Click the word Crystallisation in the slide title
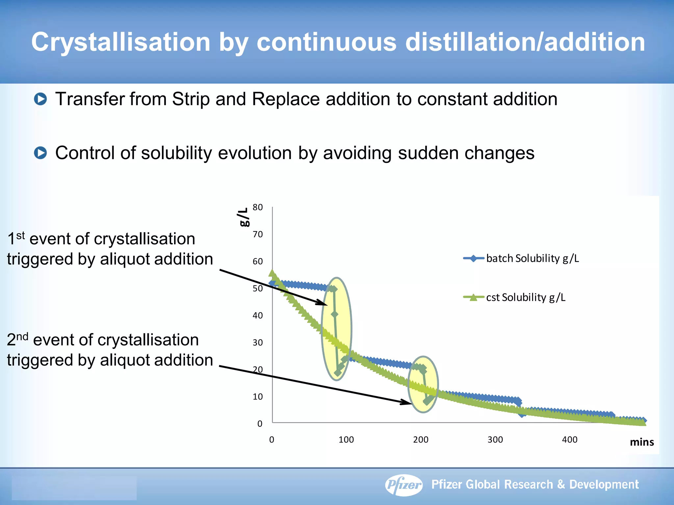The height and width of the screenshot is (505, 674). pyautogui.click(x=121, y=42)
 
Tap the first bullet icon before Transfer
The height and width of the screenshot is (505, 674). pyautogui.click(x=41, y=99)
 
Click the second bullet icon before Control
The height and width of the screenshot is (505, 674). pyautogui.click(x=41, y=153)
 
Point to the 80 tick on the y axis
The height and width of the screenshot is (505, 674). pyautogui.click(x=258, y=207)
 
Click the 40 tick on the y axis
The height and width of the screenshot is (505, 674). pyautogui.click(x=258, y=316)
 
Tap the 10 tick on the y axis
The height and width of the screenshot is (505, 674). pyautogui.click(x=258, y=397)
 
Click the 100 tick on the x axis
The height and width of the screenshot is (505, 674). pyautogui.click(x=346, y=440)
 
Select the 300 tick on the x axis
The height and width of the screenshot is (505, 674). pyautogui.click(x=495, y=440)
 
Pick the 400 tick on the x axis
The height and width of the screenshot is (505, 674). pyautogui.click(x=570, y=440)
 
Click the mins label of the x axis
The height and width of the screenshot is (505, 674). pyautogui.click(x=642, y=442)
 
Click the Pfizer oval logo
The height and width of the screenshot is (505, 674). pyautogui.click(x=404, y=485)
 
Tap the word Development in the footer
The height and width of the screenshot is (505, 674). pyautogui.click(x=604, y=485)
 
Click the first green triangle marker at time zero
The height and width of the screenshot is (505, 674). pyautogui.click(x=272, y=273)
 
